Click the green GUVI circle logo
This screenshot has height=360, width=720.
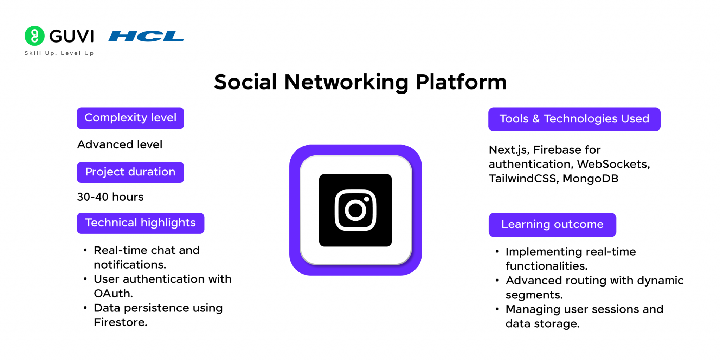(x=34, y=36)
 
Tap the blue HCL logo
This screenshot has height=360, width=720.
(x=146, y=36)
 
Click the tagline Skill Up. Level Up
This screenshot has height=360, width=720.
(x=59, y=53)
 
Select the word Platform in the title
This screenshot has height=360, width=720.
(x=461, y=82)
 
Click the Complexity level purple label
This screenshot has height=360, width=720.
(x=130, y=118)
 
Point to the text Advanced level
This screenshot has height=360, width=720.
(x=120, y=144)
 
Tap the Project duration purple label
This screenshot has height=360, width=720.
(x=130, y=172)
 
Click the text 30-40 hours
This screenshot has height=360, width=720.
(x=110, y=197)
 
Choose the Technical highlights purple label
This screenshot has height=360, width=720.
(x=140, y=223)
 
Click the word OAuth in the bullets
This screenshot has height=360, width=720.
(x=112, y=294)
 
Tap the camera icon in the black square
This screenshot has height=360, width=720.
(x=355, y=210)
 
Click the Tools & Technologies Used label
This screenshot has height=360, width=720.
(x=574, y=119)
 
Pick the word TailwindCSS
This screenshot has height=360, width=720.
(x=522, y=179)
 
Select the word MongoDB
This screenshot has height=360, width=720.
(x=590, y=179)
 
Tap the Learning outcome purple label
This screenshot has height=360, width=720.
(x=552, y=225)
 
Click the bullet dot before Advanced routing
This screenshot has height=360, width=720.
(x=497, y=281)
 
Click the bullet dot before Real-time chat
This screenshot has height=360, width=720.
(x=85, y=250)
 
